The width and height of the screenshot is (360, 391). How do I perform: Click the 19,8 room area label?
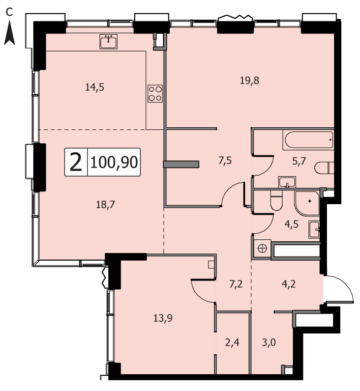(250, 80)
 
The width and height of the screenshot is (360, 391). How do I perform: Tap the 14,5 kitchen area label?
(95, 87)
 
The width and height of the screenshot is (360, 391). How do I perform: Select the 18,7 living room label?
(106, 205)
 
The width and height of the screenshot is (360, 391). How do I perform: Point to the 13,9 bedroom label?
(163, 318)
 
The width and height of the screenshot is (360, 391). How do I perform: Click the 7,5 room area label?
(225, 161)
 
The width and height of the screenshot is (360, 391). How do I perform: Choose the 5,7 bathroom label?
(299, 161)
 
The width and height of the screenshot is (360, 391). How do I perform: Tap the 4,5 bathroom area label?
(291, 224)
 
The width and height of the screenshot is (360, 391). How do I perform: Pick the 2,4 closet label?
(232, 342)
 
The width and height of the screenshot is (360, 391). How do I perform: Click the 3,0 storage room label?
(268, 342)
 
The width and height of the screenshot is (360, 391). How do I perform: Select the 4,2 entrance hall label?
(289, 284)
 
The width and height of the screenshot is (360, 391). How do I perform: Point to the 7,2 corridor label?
(236, 284)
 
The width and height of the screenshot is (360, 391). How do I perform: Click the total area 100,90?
(114, 162)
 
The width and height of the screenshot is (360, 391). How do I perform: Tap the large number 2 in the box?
(76, 162)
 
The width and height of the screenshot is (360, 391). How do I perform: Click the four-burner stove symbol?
(155, 94)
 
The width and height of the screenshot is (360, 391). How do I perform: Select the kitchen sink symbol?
(108, 42)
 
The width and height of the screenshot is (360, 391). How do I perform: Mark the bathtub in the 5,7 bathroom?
(308, 140)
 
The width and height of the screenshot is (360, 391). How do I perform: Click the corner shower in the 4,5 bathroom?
(307, 203)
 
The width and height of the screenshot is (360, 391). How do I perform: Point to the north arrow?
(10, 33)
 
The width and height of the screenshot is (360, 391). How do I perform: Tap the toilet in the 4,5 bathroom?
(276, 201)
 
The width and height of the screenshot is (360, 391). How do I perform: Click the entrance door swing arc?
(345, 285)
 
